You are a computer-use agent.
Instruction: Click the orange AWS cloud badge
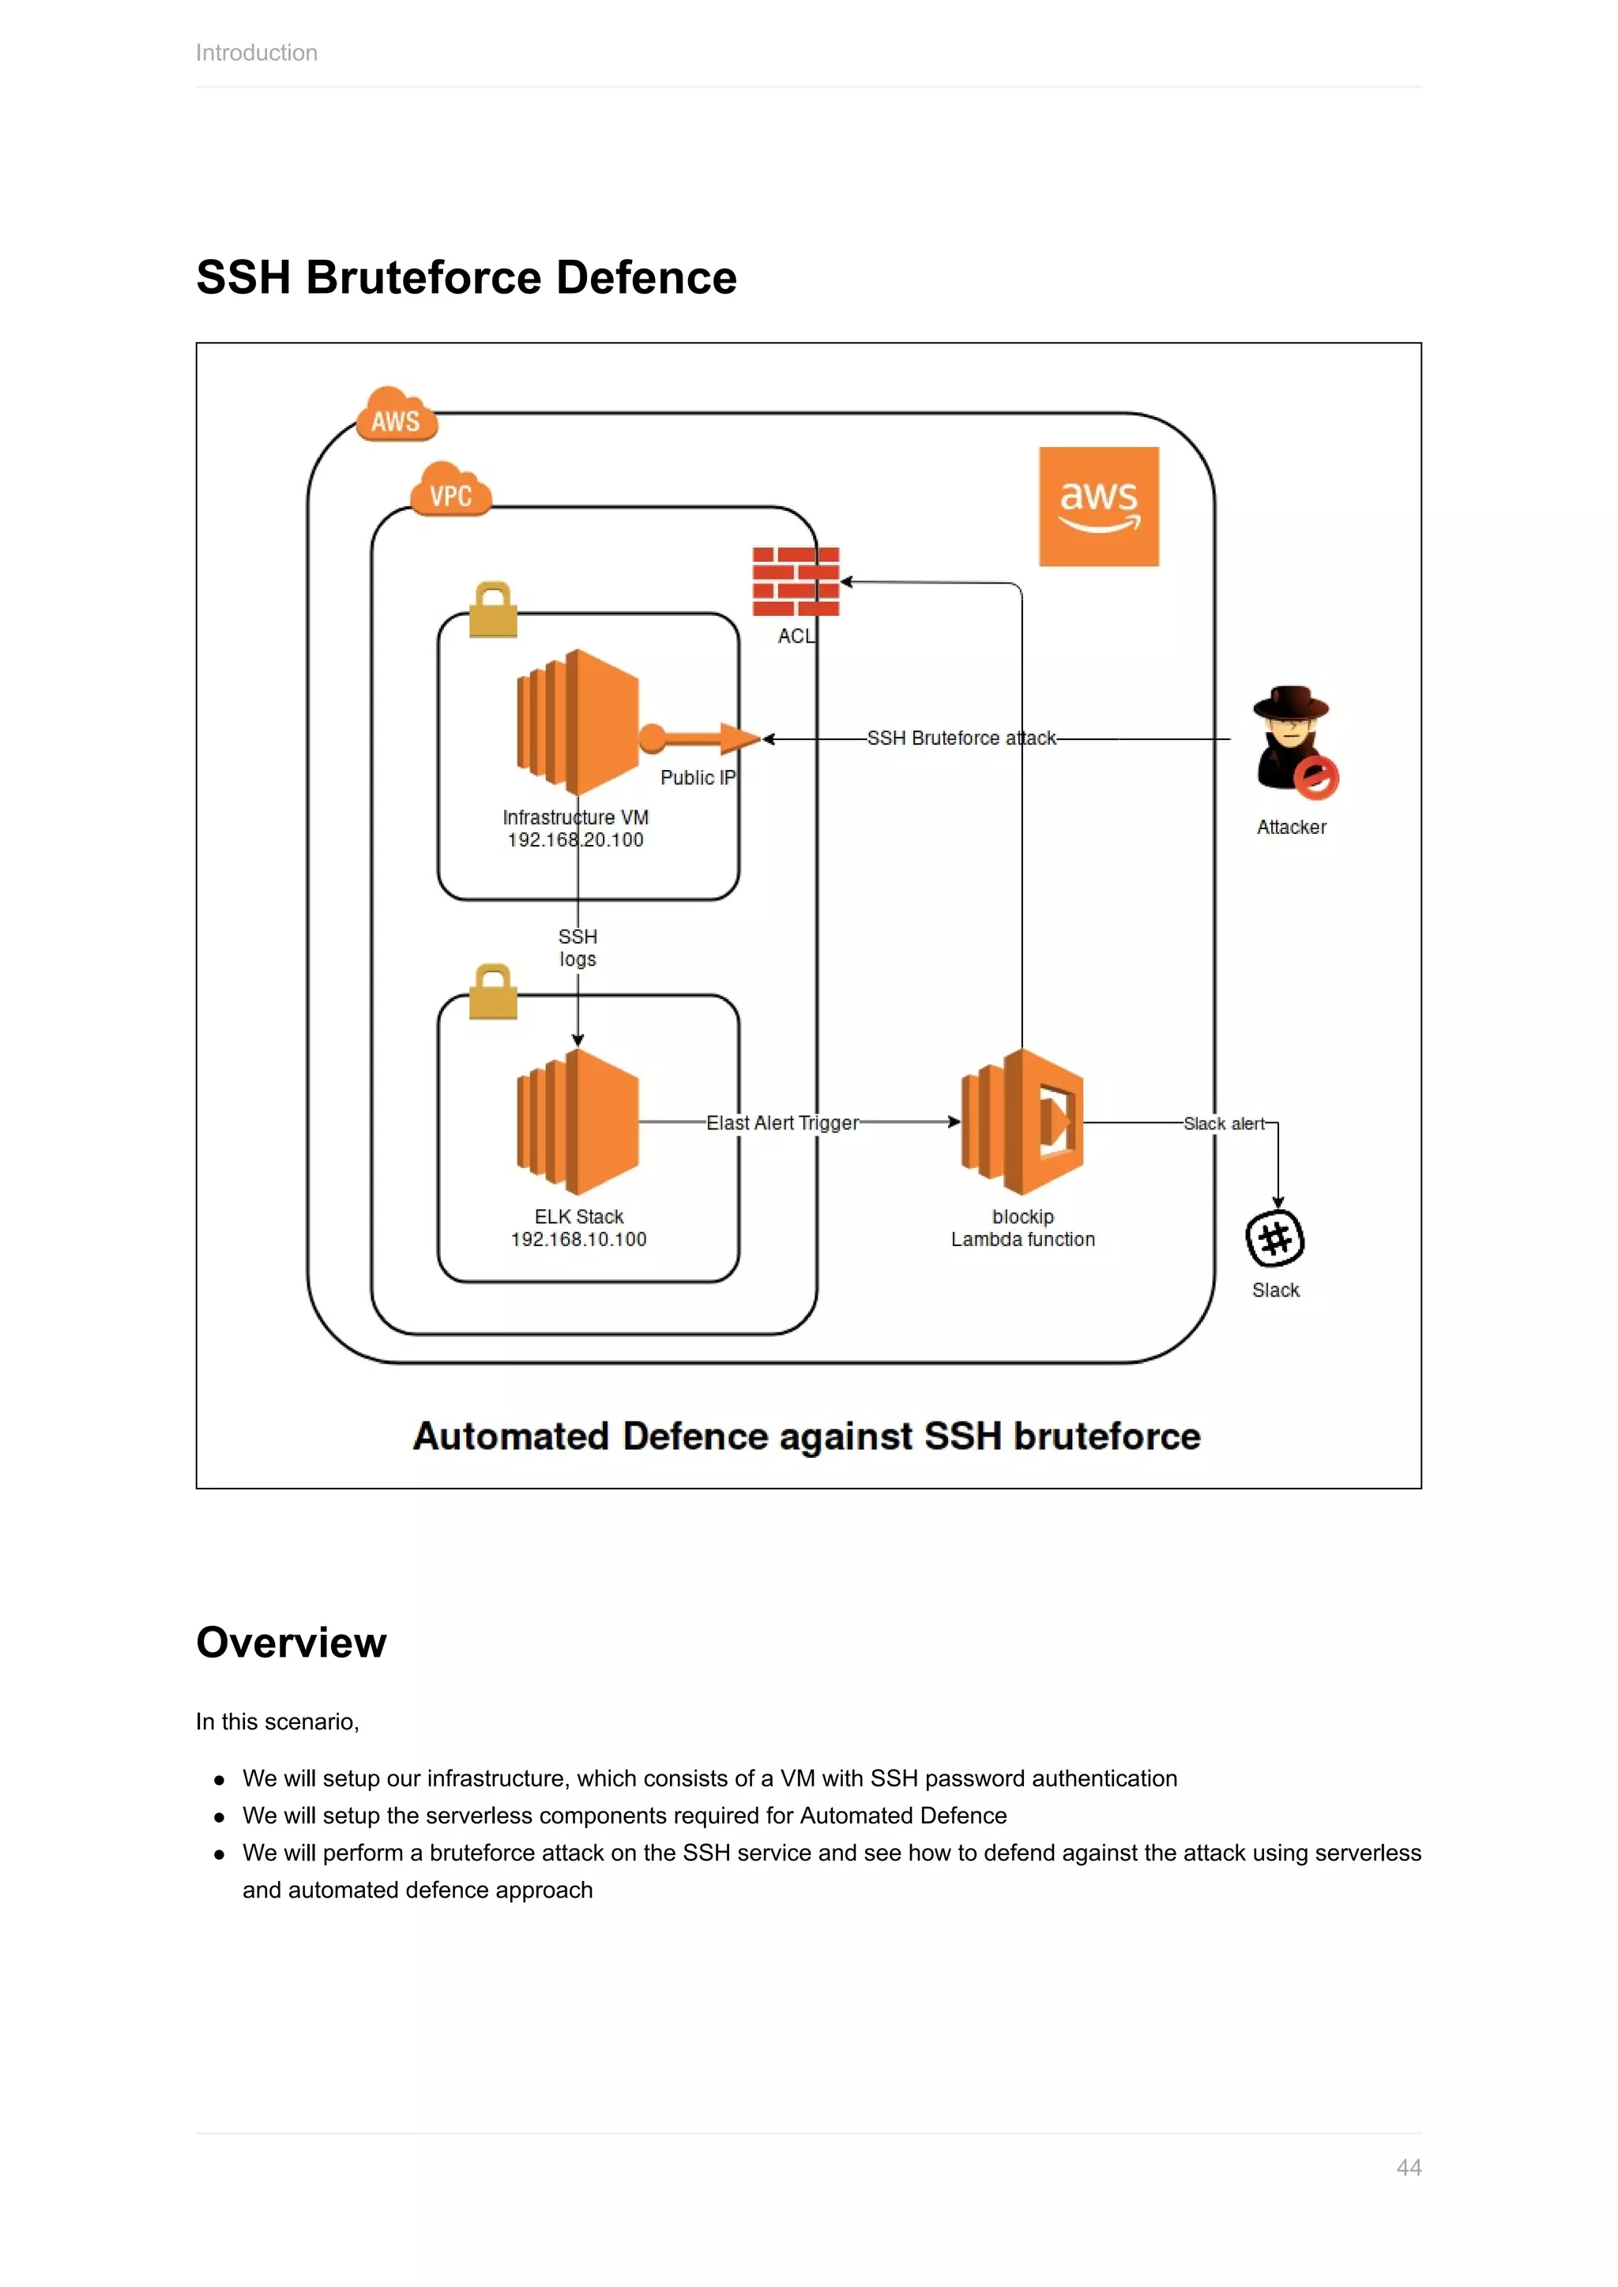coord(397,415)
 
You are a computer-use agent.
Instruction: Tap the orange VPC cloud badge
coord(451,490)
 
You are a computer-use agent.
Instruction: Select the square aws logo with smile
coord(1098,506)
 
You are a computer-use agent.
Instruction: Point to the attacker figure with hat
coord(1293,742)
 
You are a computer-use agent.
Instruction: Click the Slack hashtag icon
coord(1275,1238)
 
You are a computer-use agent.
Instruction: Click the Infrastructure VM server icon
coord(578,722)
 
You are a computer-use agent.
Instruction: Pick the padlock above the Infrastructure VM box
coord(492,610)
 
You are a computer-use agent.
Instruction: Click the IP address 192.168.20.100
coord(576,839)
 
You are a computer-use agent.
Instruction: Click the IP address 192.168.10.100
coord(579,1239)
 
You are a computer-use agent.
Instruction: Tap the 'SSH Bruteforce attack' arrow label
coord(961,738)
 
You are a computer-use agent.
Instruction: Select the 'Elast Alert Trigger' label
coord(782,1123)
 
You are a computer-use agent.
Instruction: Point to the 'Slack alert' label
coord(1224,1124)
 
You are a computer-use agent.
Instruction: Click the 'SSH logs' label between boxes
coord(578,948)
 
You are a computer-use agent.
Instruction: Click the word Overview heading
coord(291,1643)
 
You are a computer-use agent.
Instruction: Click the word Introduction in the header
coord(256,53)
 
